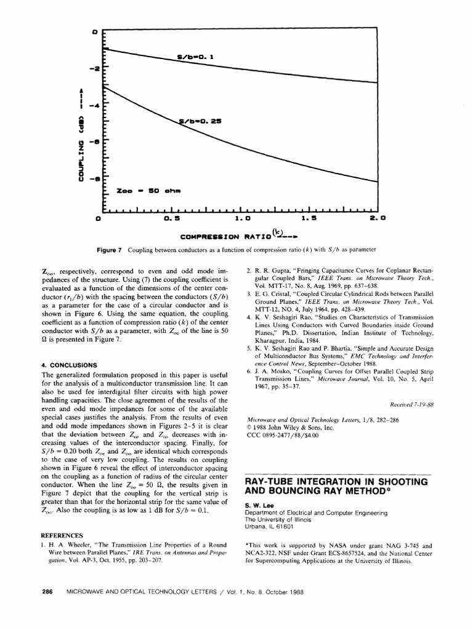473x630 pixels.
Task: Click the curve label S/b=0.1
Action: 195,58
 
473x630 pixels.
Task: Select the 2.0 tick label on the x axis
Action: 377,218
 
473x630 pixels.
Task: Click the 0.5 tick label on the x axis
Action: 173,218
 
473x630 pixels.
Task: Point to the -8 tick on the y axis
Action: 95,179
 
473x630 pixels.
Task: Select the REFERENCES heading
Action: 62,535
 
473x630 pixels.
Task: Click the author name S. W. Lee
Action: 259,505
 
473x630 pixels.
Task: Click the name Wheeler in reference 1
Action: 86,545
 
